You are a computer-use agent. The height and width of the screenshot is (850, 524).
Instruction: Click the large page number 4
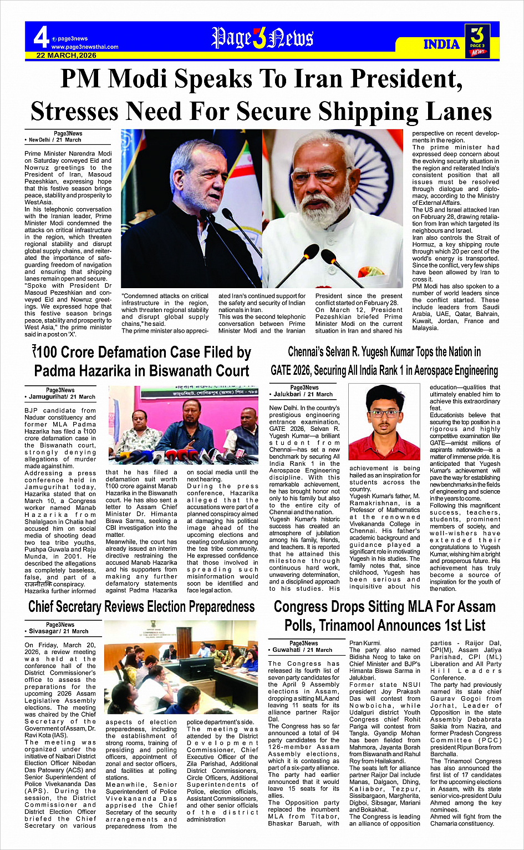coord(40,38)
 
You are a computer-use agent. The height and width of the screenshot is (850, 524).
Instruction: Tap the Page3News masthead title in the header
coord(262,38)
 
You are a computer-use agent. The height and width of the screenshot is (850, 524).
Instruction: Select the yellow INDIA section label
coord(441,44)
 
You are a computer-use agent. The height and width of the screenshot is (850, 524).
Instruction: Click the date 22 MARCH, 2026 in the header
coord(67,56)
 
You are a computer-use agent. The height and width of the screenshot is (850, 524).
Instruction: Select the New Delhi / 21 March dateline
coord(55,140)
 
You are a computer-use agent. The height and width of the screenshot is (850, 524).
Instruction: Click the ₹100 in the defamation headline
coord(45,353)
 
